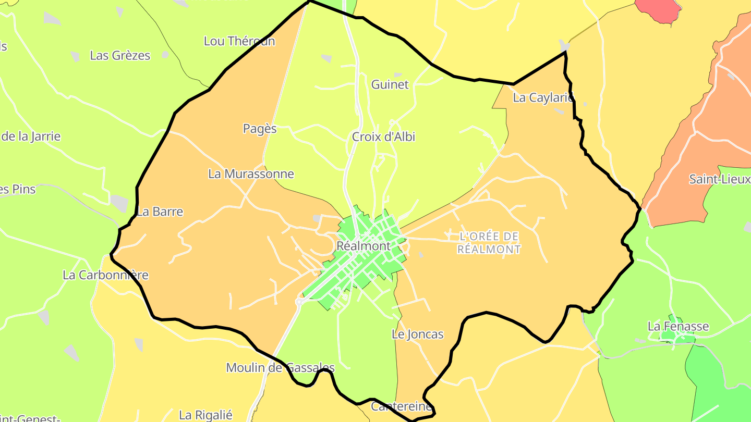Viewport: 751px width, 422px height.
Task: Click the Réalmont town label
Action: [x=364, y=245]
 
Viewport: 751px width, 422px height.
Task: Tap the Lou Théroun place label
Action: [x=239, y=41]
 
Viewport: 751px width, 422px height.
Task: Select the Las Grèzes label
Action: [x=120, y=55]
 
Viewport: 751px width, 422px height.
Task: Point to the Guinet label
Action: [x=390, y=84]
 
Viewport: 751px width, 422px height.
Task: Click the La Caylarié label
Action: [x=543, y=97]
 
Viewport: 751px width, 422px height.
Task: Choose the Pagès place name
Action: [x=260, y=128]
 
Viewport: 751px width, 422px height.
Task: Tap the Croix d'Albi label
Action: [x=383, y=136]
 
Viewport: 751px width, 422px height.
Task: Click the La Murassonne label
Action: [x=251, y=173]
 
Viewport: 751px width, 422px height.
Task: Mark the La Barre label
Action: [x=160, y=212]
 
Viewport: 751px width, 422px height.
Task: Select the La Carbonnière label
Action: [x=105, y=275]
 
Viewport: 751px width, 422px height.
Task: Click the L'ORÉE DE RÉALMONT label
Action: [x=489, y=243]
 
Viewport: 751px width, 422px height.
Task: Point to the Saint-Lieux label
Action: [x=719, y=179]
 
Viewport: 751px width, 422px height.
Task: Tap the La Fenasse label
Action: [x=678, y=326]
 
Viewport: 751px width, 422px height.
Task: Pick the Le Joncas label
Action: [x=417, y=334]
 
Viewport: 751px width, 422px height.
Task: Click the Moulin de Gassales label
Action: [x=280, y=367]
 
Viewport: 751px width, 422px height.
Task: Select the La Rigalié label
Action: [x=205, y=415]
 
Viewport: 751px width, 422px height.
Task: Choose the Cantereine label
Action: [x=401, y=406]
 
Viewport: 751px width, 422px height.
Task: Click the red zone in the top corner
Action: [x=659, y=9]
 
